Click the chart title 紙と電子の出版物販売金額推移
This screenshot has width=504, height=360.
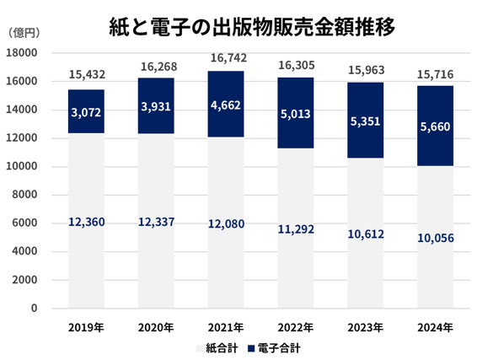click(253, 26)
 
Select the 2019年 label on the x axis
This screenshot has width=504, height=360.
click(87, 326)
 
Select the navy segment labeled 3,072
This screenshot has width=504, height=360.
click(86, 111)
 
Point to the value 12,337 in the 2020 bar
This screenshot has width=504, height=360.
click(156, 222)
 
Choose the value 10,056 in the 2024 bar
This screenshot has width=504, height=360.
click(435, 239)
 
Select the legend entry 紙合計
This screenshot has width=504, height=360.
click(219, 347)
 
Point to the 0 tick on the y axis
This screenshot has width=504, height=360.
click(35, 309)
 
